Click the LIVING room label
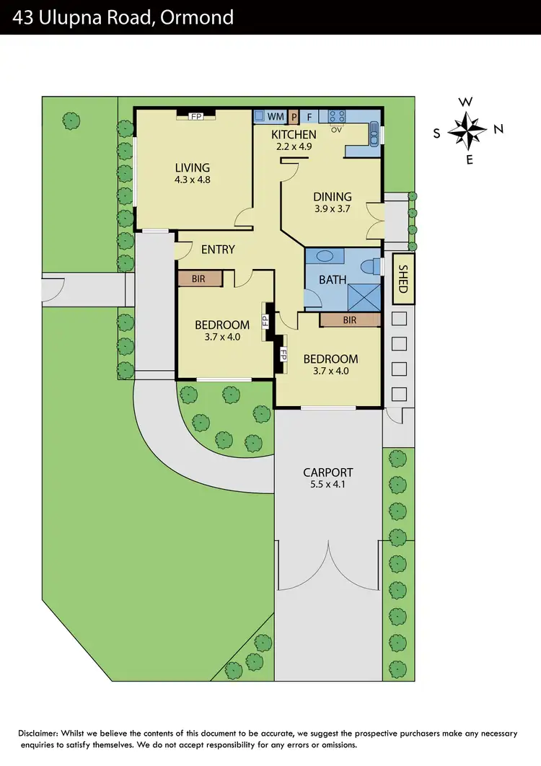pos(191,168)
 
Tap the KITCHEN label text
pos(293,135)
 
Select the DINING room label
pos(332,196)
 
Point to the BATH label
pos(333,280)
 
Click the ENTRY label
pos(218,250)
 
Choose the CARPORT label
pos(327,472)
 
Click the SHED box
pos(403,278)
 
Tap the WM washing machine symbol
pos(276,115)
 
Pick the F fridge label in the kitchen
pos(309,115)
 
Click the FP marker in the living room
pos(195,115)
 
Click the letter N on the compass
pos(498,130)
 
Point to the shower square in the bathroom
pos(363,296)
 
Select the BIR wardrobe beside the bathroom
pos(349,320)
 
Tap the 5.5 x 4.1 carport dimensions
pos(327,485)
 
